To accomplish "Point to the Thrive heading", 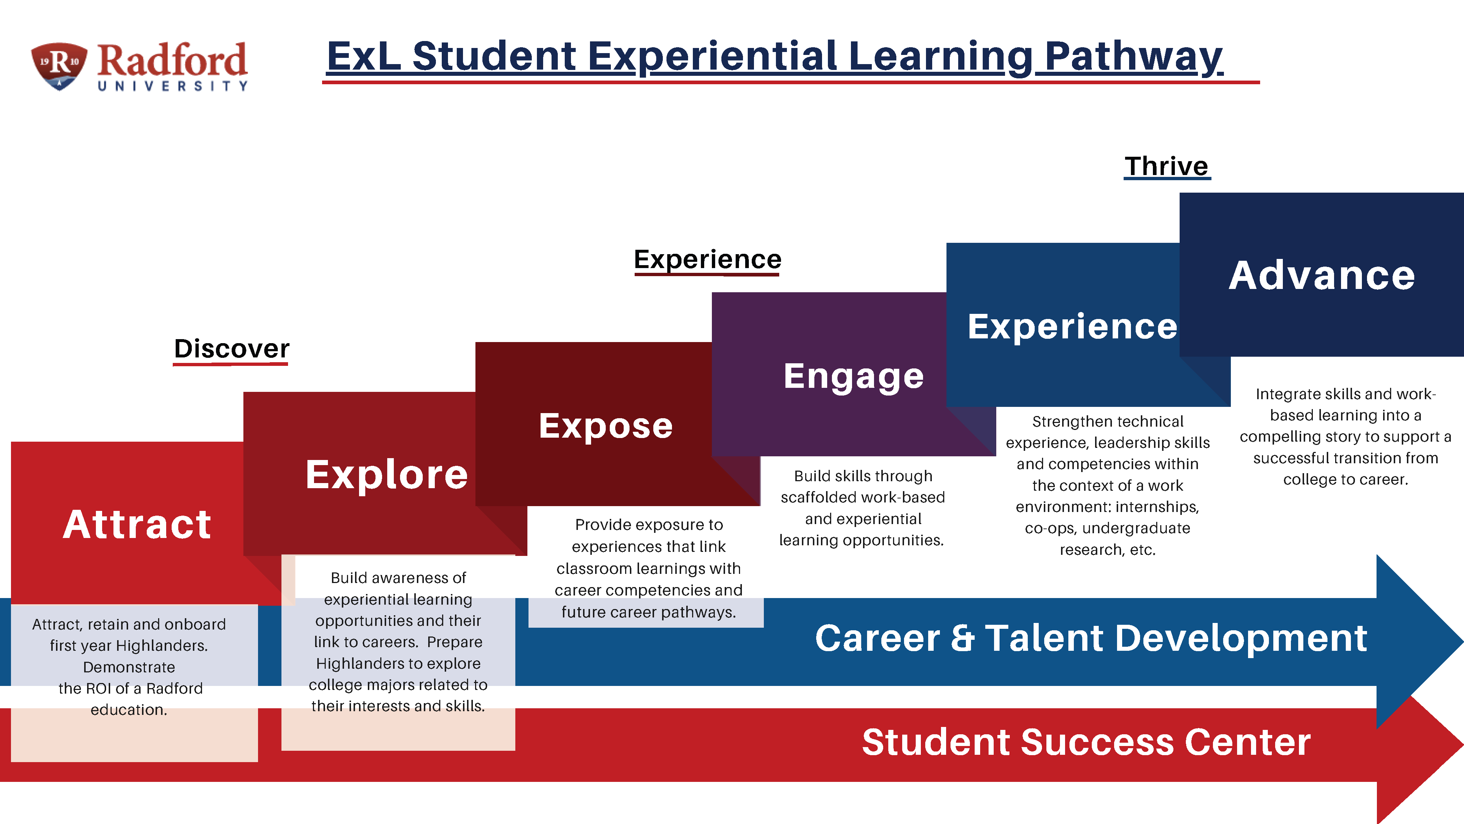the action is (x=1167, y=166).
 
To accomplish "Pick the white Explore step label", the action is (x=386, y=474).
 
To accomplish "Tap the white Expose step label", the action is (x=606, y=426).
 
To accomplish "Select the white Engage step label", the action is (x=854, y=376).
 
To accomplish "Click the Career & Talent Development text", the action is (x=1091, y=638).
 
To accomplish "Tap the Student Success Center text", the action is (x=1086, y=742).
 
